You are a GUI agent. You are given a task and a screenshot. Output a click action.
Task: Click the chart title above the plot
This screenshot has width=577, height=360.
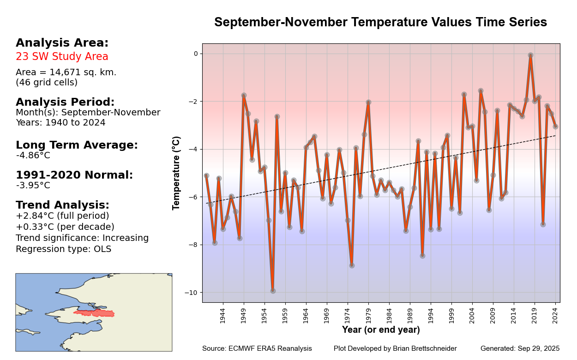coord(380,23)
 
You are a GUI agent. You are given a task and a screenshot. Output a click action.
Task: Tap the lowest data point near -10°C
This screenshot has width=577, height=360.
coord(273,291)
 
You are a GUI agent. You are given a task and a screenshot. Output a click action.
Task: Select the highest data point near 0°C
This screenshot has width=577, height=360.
coord(530,55)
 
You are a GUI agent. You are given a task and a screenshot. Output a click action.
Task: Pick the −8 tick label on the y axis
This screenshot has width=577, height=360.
coord(191,245)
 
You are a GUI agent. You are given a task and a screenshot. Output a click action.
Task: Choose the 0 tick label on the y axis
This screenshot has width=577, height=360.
coord(195,54)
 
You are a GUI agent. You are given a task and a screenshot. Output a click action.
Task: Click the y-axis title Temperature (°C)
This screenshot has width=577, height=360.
coord(176,173)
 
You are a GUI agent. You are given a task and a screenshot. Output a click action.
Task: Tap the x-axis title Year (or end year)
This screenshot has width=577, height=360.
coord(381,330)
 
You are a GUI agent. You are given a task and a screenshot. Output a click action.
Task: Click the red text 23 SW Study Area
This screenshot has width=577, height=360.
coord(62,57)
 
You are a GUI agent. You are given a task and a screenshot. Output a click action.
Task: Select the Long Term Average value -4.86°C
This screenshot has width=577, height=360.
coord(33,156)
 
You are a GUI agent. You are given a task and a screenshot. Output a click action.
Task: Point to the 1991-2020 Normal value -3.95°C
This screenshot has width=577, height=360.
coord(33,186)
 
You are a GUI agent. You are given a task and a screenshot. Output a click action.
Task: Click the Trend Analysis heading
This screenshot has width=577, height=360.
coord(62,205)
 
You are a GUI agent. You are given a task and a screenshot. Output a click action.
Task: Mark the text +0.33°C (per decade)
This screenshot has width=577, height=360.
coord(65,227)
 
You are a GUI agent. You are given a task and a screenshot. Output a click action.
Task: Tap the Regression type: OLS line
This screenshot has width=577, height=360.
coord(63,249)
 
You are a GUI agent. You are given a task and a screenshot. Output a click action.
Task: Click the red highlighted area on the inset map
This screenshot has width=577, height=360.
coord(95,313)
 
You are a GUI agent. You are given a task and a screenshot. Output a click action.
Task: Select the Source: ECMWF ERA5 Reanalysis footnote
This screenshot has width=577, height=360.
coord(257,348)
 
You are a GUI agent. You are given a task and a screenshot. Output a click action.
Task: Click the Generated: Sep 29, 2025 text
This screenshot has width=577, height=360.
coord(520,348)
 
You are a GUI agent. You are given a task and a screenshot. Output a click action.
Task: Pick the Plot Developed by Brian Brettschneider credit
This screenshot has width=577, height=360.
coord(395,348)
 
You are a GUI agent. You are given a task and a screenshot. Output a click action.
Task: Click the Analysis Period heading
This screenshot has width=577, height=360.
coord(65,102)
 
